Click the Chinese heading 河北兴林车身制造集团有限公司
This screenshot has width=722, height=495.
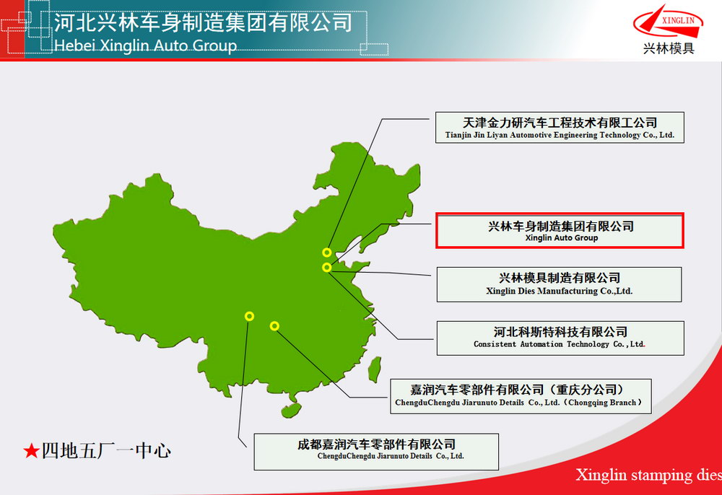tap(203, 22)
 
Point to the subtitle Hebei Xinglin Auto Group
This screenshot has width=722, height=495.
tap(146, 45)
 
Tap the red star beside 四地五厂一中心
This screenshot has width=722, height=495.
tap(31, 451)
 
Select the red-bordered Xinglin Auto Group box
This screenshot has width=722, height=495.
tap(560, 230)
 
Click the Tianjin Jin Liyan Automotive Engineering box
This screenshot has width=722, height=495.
tap(560, 128)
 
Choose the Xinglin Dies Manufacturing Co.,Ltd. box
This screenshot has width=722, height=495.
tap(559, 284)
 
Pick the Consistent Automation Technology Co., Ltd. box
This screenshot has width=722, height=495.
tap(560, 338)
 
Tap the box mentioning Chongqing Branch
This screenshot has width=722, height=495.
tap(521, 396)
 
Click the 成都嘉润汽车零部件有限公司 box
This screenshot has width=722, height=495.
tap(376, 452)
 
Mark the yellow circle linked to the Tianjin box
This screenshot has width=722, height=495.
tap(327, 252)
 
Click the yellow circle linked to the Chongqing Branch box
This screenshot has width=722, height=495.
tap(274, 326)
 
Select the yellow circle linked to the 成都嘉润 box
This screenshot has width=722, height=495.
tap(249, 316)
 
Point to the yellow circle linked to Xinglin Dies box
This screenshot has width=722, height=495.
tap(327, 267)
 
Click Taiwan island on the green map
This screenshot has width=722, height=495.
tap(375, 369)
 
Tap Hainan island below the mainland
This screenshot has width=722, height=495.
tap(291, 410)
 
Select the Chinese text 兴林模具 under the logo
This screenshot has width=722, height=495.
tap(669, 48)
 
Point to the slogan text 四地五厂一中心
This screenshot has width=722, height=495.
tap(106, 451)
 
